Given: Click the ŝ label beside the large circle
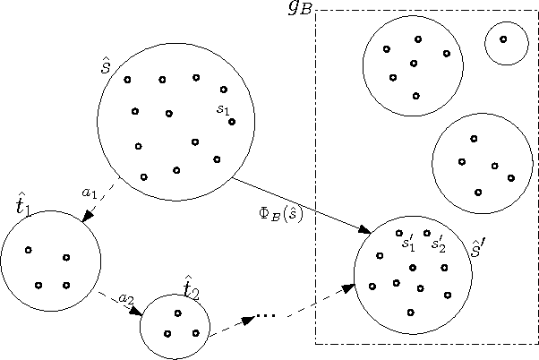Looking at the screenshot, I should (105, 68).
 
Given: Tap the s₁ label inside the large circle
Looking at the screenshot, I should (222, 108).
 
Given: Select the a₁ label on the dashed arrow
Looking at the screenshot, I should (89, 192).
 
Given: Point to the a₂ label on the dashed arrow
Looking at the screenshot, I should (126, 297).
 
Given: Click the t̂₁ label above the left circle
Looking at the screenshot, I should (22, 206).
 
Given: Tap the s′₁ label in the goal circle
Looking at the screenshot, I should (407, 242).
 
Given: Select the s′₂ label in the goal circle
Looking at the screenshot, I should (437, 242).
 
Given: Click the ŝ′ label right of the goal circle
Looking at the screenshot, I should (478, 248).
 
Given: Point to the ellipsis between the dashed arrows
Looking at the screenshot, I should (266, 315).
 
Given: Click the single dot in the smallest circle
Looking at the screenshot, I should (503, 39).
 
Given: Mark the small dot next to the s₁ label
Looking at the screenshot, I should (231, 121).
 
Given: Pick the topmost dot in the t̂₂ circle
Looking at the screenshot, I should (177, 313).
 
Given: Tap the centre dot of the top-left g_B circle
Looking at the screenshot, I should (413, 64).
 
